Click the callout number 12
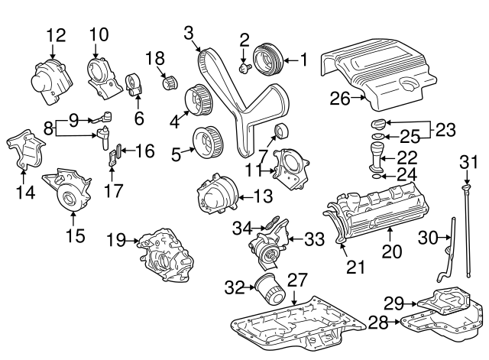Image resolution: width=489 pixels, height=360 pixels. click(x=57, y=34)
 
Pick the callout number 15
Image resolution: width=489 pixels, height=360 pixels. click(x=74, y=236)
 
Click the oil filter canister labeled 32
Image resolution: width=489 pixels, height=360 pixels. click(x=270, y=291)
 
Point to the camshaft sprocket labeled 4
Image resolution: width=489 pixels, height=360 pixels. click(x=199, y=99)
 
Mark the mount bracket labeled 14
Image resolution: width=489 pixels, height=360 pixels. click(x=23, y=151)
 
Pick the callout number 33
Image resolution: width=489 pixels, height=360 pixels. click(x=314, y=239)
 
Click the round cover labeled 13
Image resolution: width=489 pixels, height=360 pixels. click(x=216, y=196)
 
